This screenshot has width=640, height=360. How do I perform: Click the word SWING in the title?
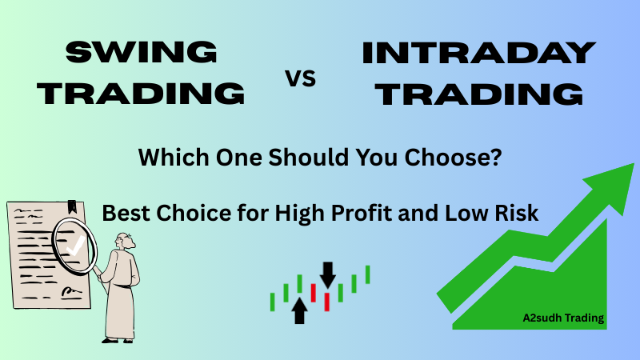pos(142,54)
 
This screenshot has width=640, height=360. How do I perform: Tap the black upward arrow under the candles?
pos(300,310)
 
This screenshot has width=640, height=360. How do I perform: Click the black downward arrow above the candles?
pos(327,274)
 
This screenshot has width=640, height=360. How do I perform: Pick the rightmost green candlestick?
pos(367,274)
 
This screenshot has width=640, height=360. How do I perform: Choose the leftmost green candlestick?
pos(273,302)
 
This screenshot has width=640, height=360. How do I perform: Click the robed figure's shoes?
pos(115,337)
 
